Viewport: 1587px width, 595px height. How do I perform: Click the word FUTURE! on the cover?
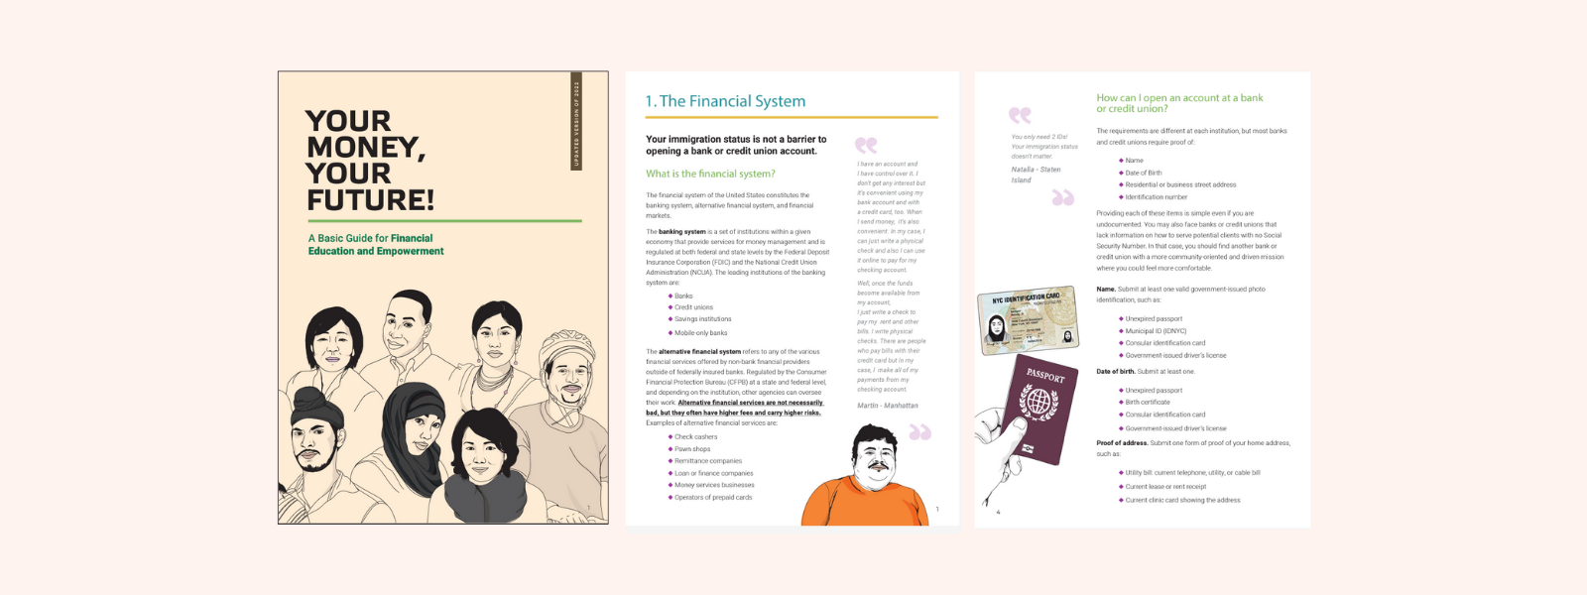370,200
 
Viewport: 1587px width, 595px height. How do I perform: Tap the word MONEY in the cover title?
363,148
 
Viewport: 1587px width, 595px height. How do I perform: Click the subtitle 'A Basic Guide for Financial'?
370,238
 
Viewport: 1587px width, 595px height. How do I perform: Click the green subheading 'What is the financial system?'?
710,174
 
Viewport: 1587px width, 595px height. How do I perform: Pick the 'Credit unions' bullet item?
693,307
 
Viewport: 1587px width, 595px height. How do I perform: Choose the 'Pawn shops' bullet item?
692,449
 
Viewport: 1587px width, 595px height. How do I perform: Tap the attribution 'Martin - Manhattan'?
887,406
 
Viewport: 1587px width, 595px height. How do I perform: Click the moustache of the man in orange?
878,464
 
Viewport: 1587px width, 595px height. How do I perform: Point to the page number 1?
936,510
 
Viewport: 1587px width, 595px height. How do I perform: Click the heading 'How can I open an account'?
1178,98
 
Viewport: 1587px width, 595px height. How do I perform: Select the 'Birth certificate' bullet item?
1147,403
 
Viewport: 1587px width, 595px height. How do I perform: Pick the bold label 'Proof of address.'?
1121,443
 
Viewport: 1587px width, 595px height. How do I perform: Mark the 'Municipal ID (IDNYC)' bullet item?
1155,331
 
